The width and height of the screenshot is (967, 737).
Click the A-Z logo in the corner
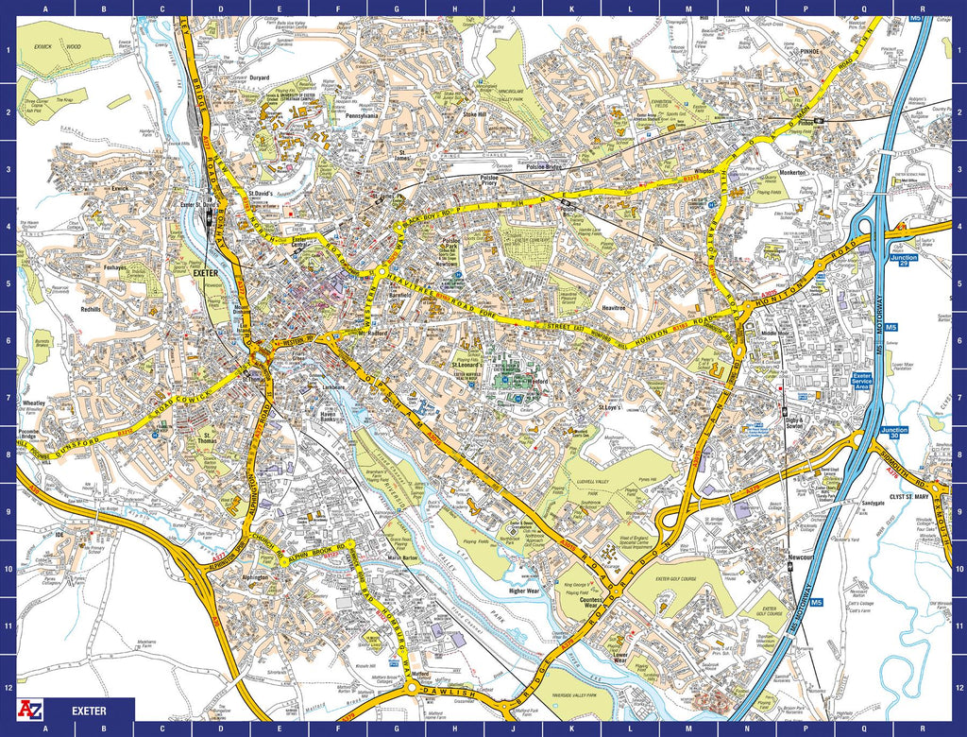[x=30, y=709]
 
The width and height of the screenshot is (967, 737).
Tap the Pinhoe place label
[x=811, y=53]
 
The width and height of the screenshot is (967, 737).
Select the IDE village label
[x=59, y=535]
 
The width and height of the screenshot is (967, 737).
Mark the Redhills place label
[x=91, y=309]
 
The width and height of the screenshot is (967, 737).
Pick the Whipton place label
[x=704, y=171]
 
